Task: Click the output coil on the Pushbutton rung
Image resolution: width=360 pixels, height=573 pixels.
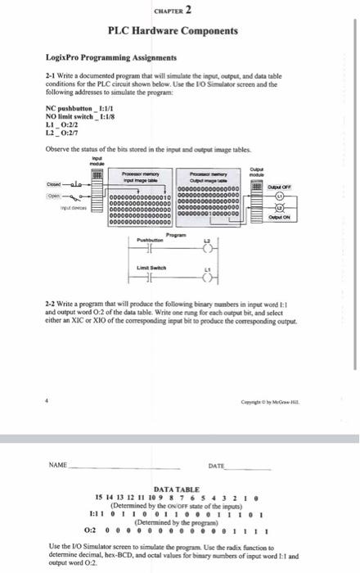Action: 206,252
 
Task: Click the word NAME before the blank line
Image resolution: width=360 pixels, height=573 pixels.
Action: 57,464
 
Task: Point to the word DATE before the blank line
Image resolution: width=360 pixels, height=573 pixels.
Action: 216,464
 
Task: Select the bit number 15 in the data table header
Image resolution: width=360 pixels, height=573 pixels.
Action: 99,496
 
